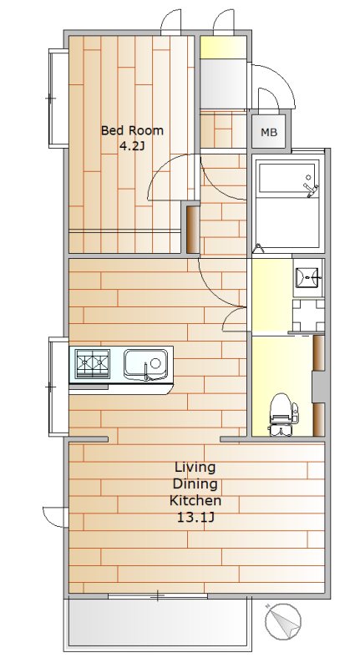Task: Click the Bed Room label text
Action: click(132, 130)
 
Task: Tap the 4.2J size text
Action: click(133, 147)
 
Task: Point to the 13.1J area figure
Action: click(195, 518)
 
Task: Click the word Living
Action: click(195, 468)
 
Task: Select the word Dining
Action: click(195, 484)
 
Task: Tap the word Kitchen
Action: click(195, 500)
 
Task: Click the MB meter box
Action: click(269, 132)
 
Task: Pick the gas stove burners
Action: click(93, 363)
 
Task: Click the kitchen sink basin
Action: click(145, 364)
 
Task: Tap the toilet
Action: click(282, 414)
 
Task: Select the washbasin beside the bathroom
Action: click(307, 277)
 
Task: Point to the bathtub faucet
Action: click(310, 186)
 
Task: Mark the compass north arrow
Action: click(283, 621)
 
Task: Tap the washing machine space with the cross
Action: click(308, 316)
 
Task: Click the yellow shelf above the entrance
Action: click(223, 48)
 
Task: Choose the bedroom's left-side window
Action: click(58, 98)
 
